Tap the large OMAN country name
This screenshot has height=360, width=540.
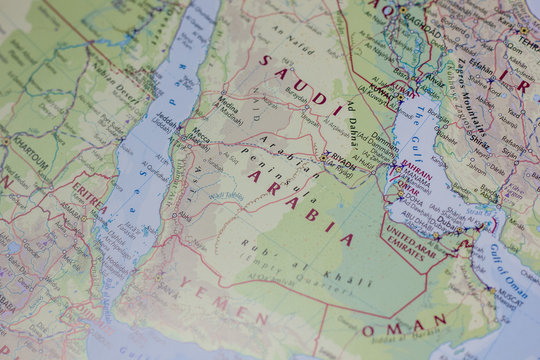coord(404,326)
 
